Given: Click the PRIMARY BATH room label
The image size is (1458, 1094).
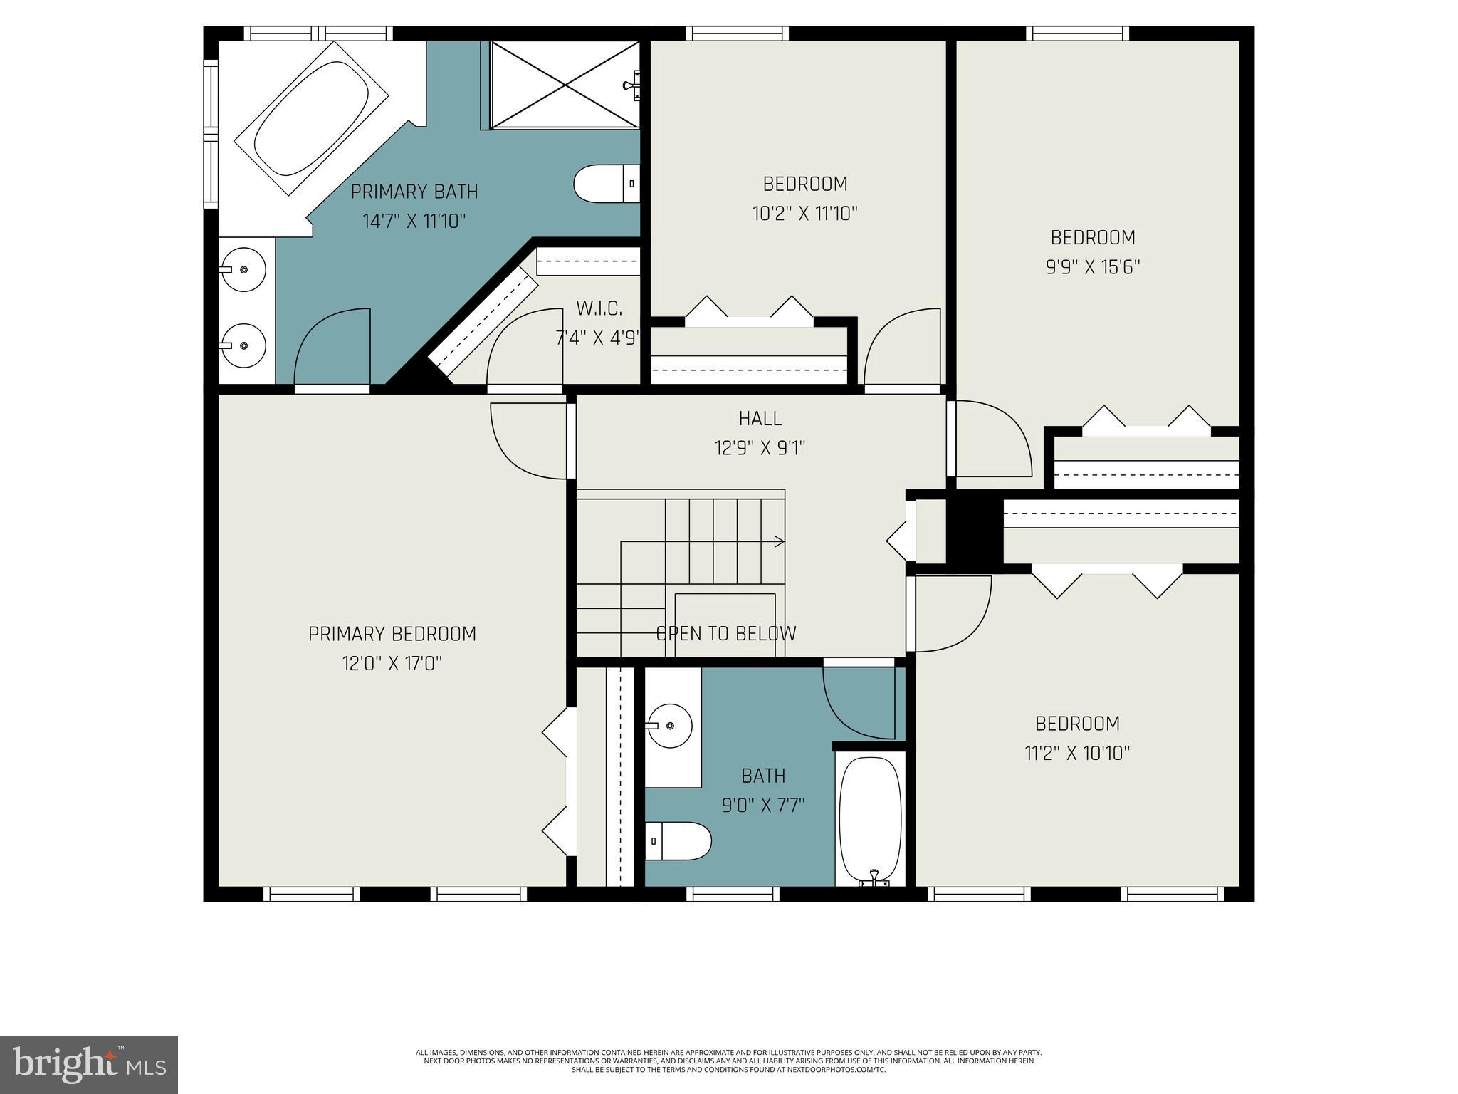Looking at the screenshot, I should pos(414,192).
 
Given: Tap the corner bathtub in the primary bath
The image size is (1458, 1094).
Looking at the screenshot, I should pos(311,118).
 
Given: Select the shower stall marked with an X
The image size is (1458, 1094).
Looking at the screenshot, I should pos(565,85).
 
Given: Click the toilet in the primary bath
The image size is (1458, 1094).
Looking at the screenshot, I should pos(605,184).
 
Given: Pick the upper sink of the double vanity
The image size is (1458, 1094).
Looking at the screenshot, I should pos(242,270).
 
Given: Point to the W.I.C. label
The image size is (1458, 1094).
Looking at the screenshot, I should pos(599,308).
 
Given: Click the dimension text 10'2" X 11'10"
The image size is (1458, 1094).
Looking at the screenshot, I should pos(804,214).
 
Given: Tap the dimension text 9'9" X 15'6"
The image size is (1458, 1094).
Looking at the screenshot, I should pos(1093,267).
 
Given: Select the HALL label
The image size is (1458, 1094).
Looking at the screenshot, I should pos(760,418).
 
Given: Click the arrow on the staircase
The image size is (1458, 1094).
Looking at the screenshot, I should pos(779,542).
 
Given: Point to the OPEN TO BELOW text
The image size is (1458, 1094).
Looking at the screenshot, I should pos(725,633).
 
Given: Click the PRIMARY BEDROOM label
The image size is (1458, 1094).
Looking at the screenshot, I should pos(392,633).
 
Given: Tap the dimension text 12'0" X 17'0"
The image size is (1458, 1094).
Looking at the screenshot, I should pos(392,664).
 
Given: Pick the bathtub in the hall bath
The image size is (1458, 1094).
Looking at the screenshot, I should pos(870,819).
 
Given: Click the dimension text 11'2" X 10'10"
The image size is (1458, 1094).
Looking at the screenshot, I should pos(1077,754).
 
